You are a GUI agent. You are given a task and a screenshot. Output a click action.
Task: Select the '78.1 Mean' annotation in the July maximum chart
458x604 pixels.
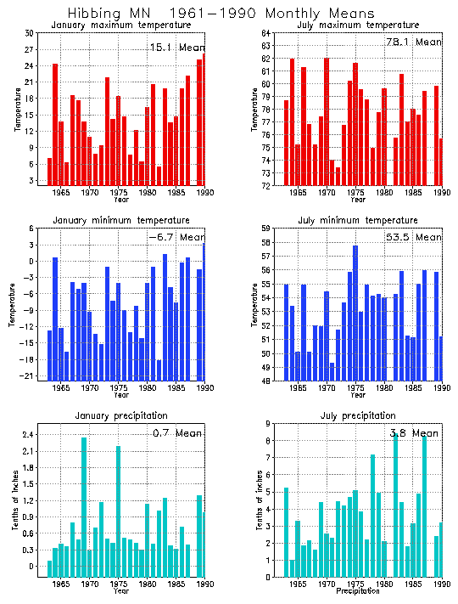click(415, 42)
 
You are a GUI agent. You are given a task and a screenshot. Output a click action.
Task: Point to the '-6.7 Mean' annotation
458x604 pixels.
click(176, 237)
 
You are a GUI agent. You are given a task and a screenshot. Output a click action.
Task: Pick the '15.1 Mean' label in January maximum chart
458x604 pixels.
click(176, 48)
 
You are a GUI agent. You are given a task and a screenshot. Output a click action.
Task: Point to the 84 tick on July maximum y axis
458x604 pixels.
click(265, 33)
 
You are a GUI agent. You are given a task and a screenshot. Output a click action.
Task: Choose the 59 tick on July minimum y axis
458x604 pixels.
click(265, 229)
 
